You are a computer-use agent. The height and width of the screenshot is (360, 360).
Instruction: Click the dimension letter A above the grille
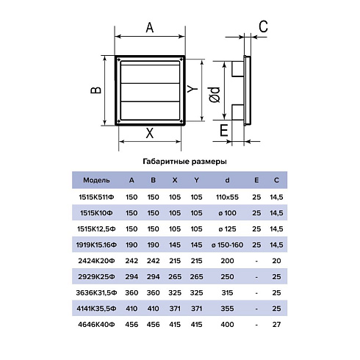pos(150,27)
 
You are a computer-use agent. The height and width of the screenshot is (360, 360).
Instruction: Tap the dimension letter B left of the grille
pos(96,90)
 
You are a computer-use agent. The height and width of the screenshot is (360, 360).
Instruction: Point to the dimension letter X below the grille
pos(150,133)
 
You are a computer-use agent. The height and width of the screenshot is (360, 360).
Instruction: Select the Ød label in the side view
pos(215,95)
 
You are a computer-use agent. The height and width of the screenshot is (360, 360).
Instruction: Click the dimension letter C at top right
pos(263,26)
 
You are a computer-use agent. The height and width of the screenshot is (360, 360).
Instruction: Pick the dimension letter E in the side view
pos(224,130)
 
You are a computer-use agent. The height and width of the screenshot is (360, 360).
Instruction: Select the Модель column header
pos(96,180)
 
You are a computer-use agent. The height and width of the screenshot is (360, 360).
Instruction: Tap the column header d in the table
pos(227,180)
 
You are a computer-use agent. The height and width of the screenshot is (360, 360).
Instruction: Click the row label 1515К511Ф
pos(96,197)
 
